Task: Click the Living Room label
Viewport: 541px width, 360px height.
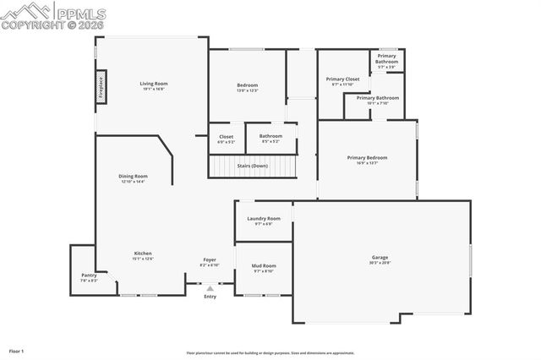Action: click(x=154, y=84)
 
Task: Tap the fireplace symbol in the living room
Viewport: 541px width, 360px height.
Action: click(x=100, y=89)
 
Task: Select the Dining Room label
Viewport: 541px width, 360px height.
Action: click(x=134, y=177)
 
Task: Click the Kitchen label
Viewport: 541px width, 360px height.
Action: click(x=143, y=254)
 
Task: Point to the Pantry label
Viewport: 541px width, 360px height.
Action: click(x=89, y=275)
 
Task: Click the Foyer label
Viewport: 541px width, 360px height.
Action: click(x=210, y=259)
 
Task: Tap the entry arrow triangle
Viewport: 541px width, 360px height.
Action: click(x=210, y=288)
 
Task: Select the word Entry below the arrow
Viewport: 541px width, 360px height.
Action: click(x=210, y=297)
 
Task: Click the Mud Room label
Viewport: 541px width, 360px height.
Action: click(x=264, y=266)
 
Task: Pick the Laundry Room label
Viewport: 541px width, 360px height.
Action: click(x=264, y=219)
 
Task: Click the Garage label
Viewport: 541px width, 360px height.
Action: click(x=380, y=258)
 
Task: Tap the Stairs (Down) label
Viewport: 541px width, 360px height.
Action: click(x=253, y=166)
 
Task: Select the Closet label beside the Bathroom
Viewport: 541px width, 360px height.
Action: click(x=227, y=137)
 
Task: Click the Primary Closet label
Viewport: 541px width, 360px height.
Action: click(x=343, y=79)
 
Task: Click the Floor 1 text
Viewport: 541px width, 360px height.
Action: click(x=17, y=350)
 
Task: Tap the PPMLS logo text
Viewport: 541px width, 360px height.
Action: click(x=83, y=12)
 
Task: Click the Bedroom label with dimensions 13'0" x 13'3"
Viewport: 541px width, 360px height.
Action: click(x=248, y=85)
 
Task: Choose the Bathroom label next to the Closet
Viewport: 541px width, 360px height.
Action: click(x=271, y=137)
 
